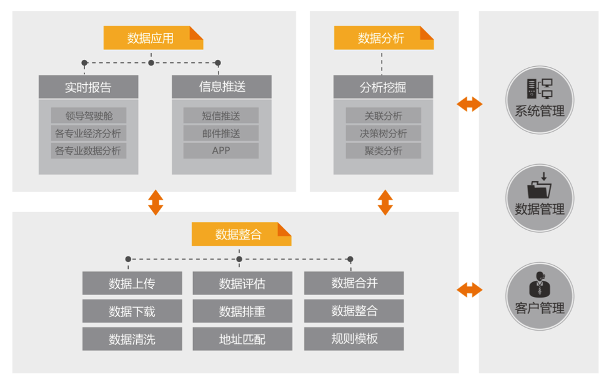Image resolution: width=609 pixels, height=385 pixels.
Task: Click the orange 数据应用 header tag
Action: [x=153, y=37]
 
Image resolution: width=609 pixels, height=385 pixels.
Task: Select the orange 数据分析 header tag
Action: [x=384, y=37]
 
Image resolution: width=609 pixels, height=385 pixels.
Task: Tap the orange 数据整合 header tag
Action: [x=241, y=234]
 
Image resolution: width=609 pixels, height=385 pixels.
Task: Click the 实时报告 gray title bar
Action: [x=88, y=87]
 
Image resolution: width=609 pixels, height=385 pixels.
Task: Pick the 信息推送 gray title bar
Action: [x=221, y=87]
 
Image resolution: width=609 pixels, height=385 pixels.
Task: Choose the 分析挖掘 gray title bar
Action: [x=383, y=87]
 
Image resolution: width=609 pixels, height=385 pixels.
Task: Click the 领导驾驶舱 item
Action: [x=89, y=115]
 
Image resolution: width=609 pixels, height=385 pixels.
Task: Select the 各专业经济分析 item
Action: [x=89, y=133]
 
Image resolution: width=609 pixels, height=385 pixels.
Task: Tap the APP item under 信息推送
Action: [x=221, y=150]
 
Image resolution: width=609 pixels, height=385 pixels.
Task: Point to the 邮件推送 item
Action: [x=221, y=133]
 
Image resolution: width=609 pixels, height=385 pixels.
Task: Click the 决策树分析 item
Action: [x=384, y=133]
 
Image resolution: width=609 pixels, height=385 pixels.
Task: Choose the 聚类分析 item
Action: [x=384, y=150]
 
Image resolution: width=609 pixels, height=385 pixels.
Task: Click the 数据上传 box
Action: [x=132, y=283]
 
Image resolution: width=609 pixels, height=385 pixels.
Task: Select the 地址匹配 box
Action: [x=242, y=339]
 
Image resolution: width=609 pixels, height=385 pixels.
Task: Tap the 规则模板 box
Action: [x=354, y=339]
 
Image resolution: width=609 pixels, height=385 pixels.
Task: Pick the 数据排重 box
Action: [x=242, y=311]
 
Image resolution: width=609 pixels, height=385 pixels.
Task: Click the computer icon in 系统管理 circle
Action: [x=540, y=89]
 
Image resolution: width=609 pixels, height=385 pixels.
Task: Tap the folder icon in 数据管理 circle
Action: [x=540, y=185]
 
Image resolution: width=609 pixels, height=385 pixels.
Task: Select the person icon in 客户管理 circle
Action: [x=540, y=284]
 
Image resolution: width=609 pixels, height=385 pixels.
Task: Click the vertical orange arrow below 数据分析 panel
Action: [x=385, y=202]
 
